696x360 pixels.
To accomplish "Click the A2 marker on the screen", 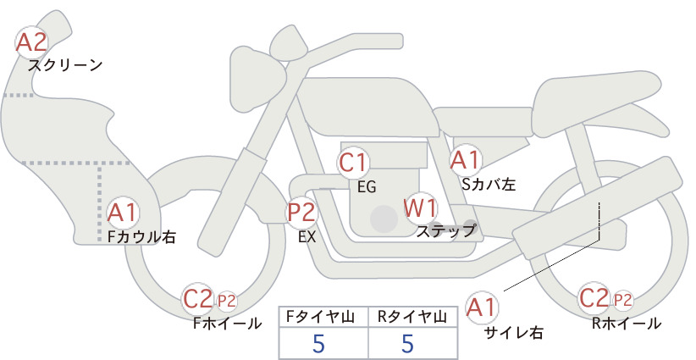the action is pyautogui.click(x=31, y=42).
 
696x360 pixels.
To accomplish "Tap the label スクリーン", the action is pyautogui.click(x=65, y=66).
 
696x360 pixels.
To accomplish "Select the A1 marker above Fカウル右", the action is pyautogui.click(x=122, y=213).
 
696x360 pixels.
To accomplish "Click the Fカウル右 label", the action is pyautogui.click(x=141, y=237).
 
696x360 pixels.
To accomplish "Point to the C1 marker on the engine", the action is pyautogui.click(x=353, y=162).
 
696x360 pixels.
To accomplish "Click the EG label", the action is pyautogui.click(x=367, y=187).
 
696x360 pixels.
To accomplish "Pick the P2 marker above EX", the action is pyautogui.click(x=301, y=212).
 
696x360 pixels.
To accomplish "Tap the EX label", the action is pyautogui.click(x=307, y=237).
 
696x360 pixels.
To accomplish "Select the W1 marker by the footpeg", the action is pyautogui.click(x=420, y=208).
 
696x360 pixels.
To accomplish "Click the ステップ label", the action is pyautogui.click(x=445, y=231).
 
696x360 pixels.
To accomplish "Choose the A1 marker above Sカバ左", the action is pyautogui.click(x=466, y=160).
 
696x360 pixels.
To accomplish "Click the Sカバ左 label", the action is pyautogui.click(x=489, y=184).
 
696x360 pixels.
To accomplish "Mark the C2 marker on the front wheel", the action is pyautogui.click(x=198, y=299).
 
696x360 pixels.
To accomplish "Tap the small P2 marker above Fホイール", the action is pyautogui.click(x=226, y=302).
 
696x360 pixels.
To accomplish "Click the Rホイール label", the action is pyautogui.click(x=627, y=324).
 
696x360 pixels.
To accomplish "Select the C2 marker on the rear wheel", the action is pyautogui.click(x=594, y=298).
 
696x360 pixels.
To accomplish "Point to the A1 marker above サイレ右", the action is pyautogui.click(x=483, y=307).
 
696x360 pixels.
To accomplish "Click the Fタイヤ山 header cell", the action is pyautogui.click(x=323, y=317).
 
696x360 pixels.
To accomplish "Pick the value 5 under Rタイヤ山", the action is pyautogui.click(x=407, y=343).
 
